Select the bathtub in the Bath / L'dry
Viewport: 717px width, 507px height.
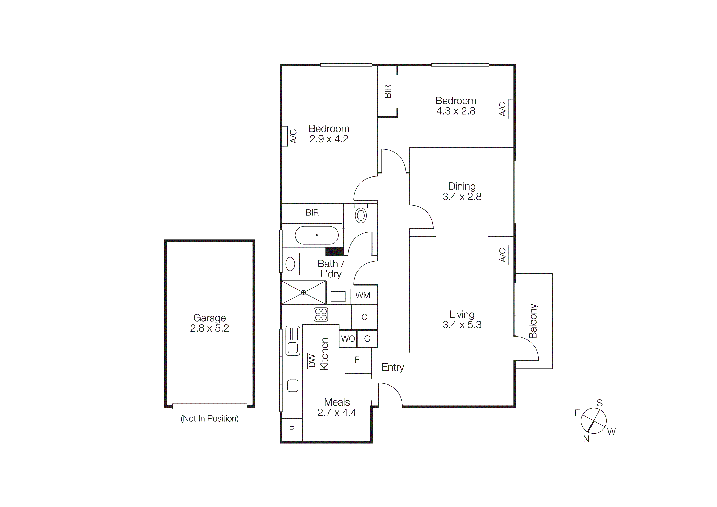tap(316, 235)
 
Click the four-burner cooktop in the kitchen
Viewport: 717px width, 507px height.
tap(321, 314)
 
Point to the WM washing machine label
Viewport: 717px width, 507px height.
tap(363, 295)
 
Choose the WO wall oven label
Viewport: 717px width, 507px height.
tap(348, 339)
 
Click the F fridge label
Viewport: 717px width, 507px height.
tap(357, 360)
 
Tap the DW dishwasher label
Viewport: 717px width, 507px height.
tap(312, 361)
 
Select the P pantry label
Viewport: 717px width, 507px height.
tap(292, 429)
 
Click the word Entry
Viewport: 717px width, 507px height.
tap(393, 367)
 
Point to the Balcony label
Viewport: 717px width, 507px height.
tap(533, 321)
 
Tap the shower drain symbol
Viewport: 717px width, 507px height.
tap(303, 292)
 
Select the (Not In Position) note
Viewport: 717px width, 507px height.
tap(209, 419)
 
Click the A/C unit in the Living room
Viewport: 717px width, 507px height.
tap(511, 255)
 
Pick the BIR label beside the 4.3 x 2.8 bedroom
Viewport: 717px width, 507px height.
tap(388, 92)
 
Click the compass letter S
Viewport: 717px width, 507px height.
tap(600, 403)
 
